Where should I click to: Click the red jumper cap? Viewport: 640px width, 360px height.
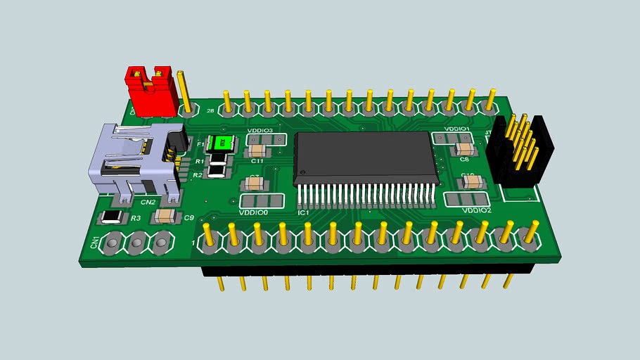[150, 91]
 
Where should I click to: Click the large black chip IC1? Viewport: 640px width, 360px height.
[366, 158]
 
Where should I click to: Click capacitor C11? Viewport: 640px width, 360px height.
[257, 150]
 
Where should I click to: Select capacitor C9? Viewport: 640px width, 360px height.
[167, 216]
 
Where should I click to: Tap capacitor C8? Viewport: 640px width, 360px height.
[464, 149]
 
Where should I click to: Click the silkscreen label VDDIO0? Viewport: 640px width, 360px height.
[254, 212]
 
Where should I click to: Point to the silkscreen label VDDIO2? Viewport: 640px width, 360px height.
[476, 210]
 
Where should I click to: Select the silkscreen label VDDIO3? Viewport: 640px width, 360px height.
[260, 130]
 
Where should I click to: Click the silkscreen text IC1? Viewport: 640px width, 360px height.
[304, 212]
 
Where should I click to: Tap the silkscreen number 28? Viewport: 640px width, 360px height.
[210, 110]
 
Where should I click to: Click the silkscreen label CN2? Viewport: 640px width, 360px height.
[148, 202]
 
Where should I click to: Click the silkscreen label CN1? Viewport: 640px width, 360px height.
[95, 243]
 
